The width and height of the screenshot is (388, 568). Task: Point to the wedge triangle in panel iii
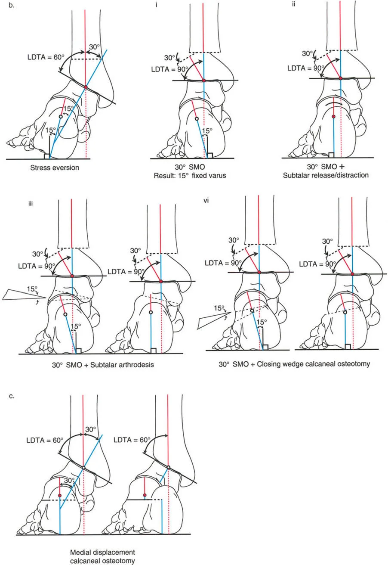click(x=22, y=294)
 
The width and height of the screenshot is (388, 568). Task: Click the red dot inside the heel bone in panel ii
click(x=334, y=117)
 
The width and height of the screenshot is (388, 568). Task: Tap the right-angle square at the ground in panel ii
click(x=332, y=155)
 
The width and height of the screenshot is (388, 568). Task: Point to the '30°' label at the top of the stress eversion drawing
click(x=94, y=47)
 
